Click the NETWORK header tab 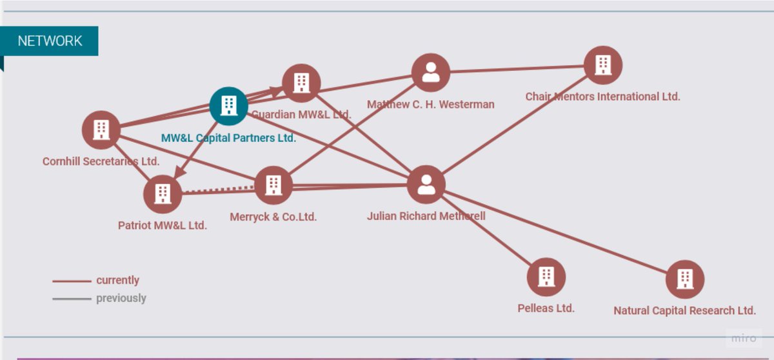click(50, 41)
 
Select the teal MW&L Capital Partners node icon click(228, 106)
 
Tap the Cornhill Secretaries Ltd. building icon click(101, 130)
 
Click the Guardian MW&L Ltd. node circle click(301, 83)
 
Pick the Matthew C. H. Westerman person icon click(430, 73)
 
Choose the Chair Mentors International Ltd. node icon click(602, 65)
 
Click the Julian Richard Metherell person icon click(426, 185)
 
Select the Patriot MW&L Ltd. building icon click(163, 193)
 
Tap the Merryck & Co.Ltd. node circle click(273, 185)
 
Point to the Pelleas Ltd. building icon click(546, 277)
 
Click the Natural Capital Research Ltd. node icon click(684, 279)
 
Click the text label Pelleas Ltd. click(546, 308)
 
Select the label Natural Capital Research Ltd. click(684, 310)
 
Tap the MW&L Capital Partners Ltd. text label click(228, 138)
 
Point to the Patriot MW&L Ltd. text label click(163, 225)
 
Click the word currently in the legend click(117, 280)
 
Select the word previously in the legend click(121, 298)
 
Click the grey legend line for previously click(72, 299)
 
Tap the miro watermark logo click(744, 339)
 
